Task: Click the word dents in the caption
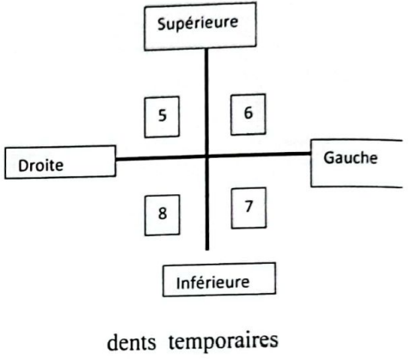132,342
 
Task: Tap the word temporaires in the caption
224,341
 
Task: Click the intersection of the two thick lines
206,156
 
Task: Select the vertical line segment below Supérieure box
206,102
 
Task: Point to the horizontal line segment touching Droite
161,157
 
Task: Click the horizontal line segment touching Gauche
259,155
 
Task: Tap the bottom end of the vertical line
207,250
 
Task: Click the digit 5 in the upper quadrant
163,115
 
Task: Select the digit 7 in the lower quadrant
248,206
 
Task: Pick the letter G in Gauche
328,158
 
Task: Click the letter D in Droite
23,166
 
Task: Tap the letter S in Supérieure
162,24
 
